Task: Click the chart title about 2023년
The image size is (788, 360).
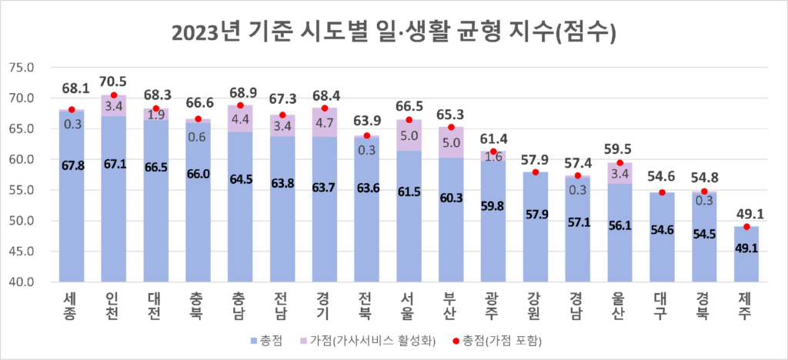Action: [x=394, y=32]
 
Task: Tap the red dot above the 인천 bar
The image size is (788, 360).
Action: [x=114, y=95]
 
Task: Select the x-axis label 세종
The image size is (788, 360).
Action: [x=72, y=302]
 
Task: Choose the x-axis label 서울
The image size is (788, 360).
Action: [x=409, y=302]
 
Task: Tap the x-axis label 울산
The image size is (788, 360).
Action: [x=619, y=302]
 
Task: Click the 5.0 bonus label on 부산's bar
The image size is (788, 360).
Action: [x=451, y=142]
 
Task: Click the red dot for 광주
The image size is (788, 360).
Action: [x=493, y=152]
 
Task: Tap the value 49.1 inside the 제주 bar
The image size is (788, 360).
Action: [x=746, y=248]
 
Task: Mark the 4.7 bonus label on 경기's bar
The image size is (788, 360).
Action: [x=325, y=122]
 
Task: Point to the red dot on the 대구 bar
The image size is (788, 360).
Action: [x=662, y=192]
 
